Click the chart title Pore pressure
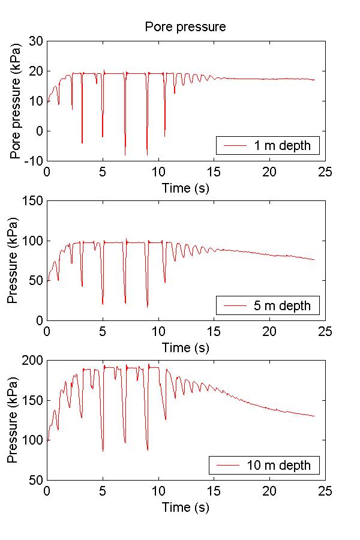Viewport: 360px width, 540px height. (x=185, y=27)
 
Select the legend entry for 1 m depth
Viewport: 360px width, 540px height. (x=268, y=146)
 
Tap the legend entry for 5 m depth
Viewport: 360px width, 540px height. (x=268, y=306)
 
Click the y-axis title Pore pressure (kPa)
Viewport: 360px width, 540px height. (x=16, y=100)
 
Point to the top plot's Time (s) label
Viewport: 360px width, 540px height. (x=185, y=188)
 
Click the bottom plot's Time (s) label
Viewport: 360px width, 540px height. (x=185, y=507)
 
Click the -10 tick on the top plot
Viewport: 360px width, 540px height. (x=34, y=161)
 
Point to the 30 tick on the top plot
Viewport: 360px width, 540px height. (x=36, y=41)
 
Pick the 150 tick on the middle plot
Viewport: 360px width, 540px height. (x=33, y=201)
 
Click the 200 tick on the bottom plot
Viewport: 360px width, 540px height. (x=33, y=360)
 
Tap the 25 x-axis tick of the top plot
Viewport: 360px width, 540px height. (x=325, y=172)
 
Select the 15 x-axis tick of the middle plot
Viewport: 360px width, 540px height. (x=214, y=331)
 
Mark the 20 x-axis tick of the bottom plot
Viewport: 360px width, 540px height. (x=269, y=491)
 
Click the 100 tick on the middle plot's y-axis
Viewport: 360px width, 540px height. (x=33, y=241)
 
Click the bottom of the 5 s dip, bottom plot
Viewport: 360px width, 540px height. (x=103, y=451)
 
